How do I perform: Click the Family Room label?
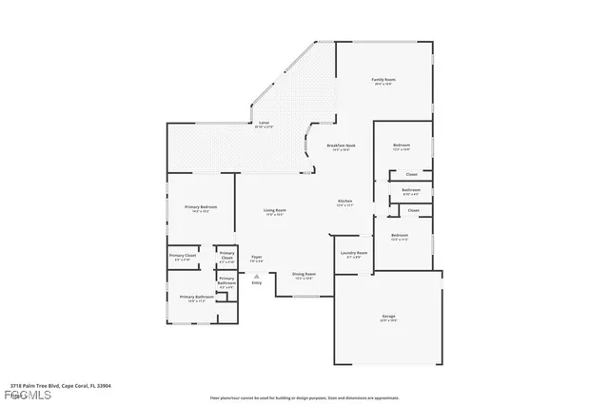coord(383,80)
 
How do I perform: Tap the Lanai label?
coord(265,123)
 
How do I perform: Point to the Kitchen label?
coord(345,201)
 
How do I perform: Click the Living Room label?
coord(275,210)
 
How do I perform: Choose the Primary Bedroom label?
coord(201,206)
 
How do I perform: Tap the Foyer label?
coord(256,257)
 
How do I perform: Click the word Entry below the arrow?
coord(256,282)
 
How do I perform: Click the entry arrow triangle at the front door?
coord(256,274)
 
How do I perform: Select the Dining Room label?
coord(304,274)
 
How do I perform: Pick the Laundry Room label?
coord(354,253)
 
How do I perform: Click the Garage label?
coord(389,316)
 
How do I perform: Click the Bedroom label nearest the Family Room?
coord(402,145)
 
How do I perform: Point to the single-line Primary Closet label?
coord(183,255)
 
